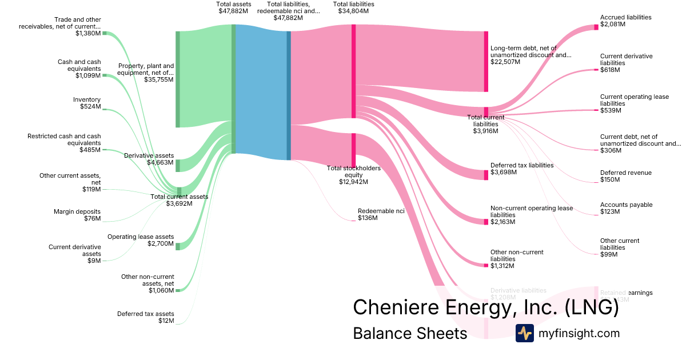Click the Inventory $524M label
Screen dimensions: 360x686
click(86, 103)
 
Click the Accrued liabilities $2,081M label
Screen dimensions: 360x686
click(625, 21)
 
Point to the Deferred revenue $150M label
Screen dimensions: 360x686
click(625, 176)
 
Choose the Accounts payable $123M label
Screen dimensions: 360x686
click(626, 208)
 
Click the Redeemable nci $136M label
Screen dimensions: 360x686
click(381, 214)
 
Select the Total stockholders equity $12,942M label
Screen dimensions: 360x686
click(353, 175)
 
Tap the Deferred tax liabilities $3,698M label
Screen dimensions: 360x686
click(522, 169)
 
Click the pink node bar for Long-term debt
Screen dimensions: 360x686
click(486, 62)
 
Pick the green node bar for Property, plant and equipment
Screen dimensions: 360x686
click(177, 79)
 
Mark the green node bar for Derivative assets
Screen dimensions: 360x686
click(177, 166)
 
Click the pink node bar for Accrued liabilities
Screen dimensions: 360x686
click(596, 27)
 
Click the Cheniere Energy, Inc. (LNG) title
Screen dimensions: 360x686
click(486, 307)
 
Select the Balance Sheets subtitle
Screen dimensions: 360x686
click(410, 333)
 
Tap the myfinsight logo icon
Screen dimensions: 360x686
click(524, 333)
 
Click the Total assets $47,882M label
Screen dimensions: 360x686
click(233, 7)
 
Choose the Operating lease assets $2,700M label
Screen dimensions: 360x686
click(141, 240)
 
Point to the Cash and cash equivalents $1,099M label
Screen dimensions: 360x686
click(79, 69)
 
